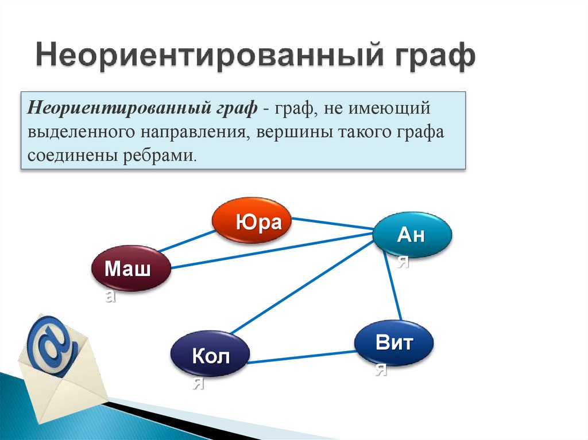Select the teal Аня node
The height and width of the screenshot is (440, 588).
[412, 235]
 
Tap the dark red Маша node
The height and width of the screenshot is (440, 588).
[131, 268]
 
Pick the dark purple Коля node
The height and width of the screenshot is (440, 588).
[210, 356]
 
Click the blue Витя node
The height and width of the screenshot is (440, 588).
[393, 343]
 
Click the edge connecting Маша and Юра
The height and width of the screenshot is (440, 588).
[187, 242]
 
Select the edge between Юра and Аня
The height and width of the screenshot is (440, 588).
[332, 224]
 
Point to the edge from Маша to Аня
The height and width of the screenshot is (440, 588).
[270, 250]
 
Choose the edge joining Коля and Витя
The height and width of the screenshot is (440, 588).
[302, 356]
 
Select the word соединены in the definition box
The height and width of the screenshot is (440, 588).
[71, 155]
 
